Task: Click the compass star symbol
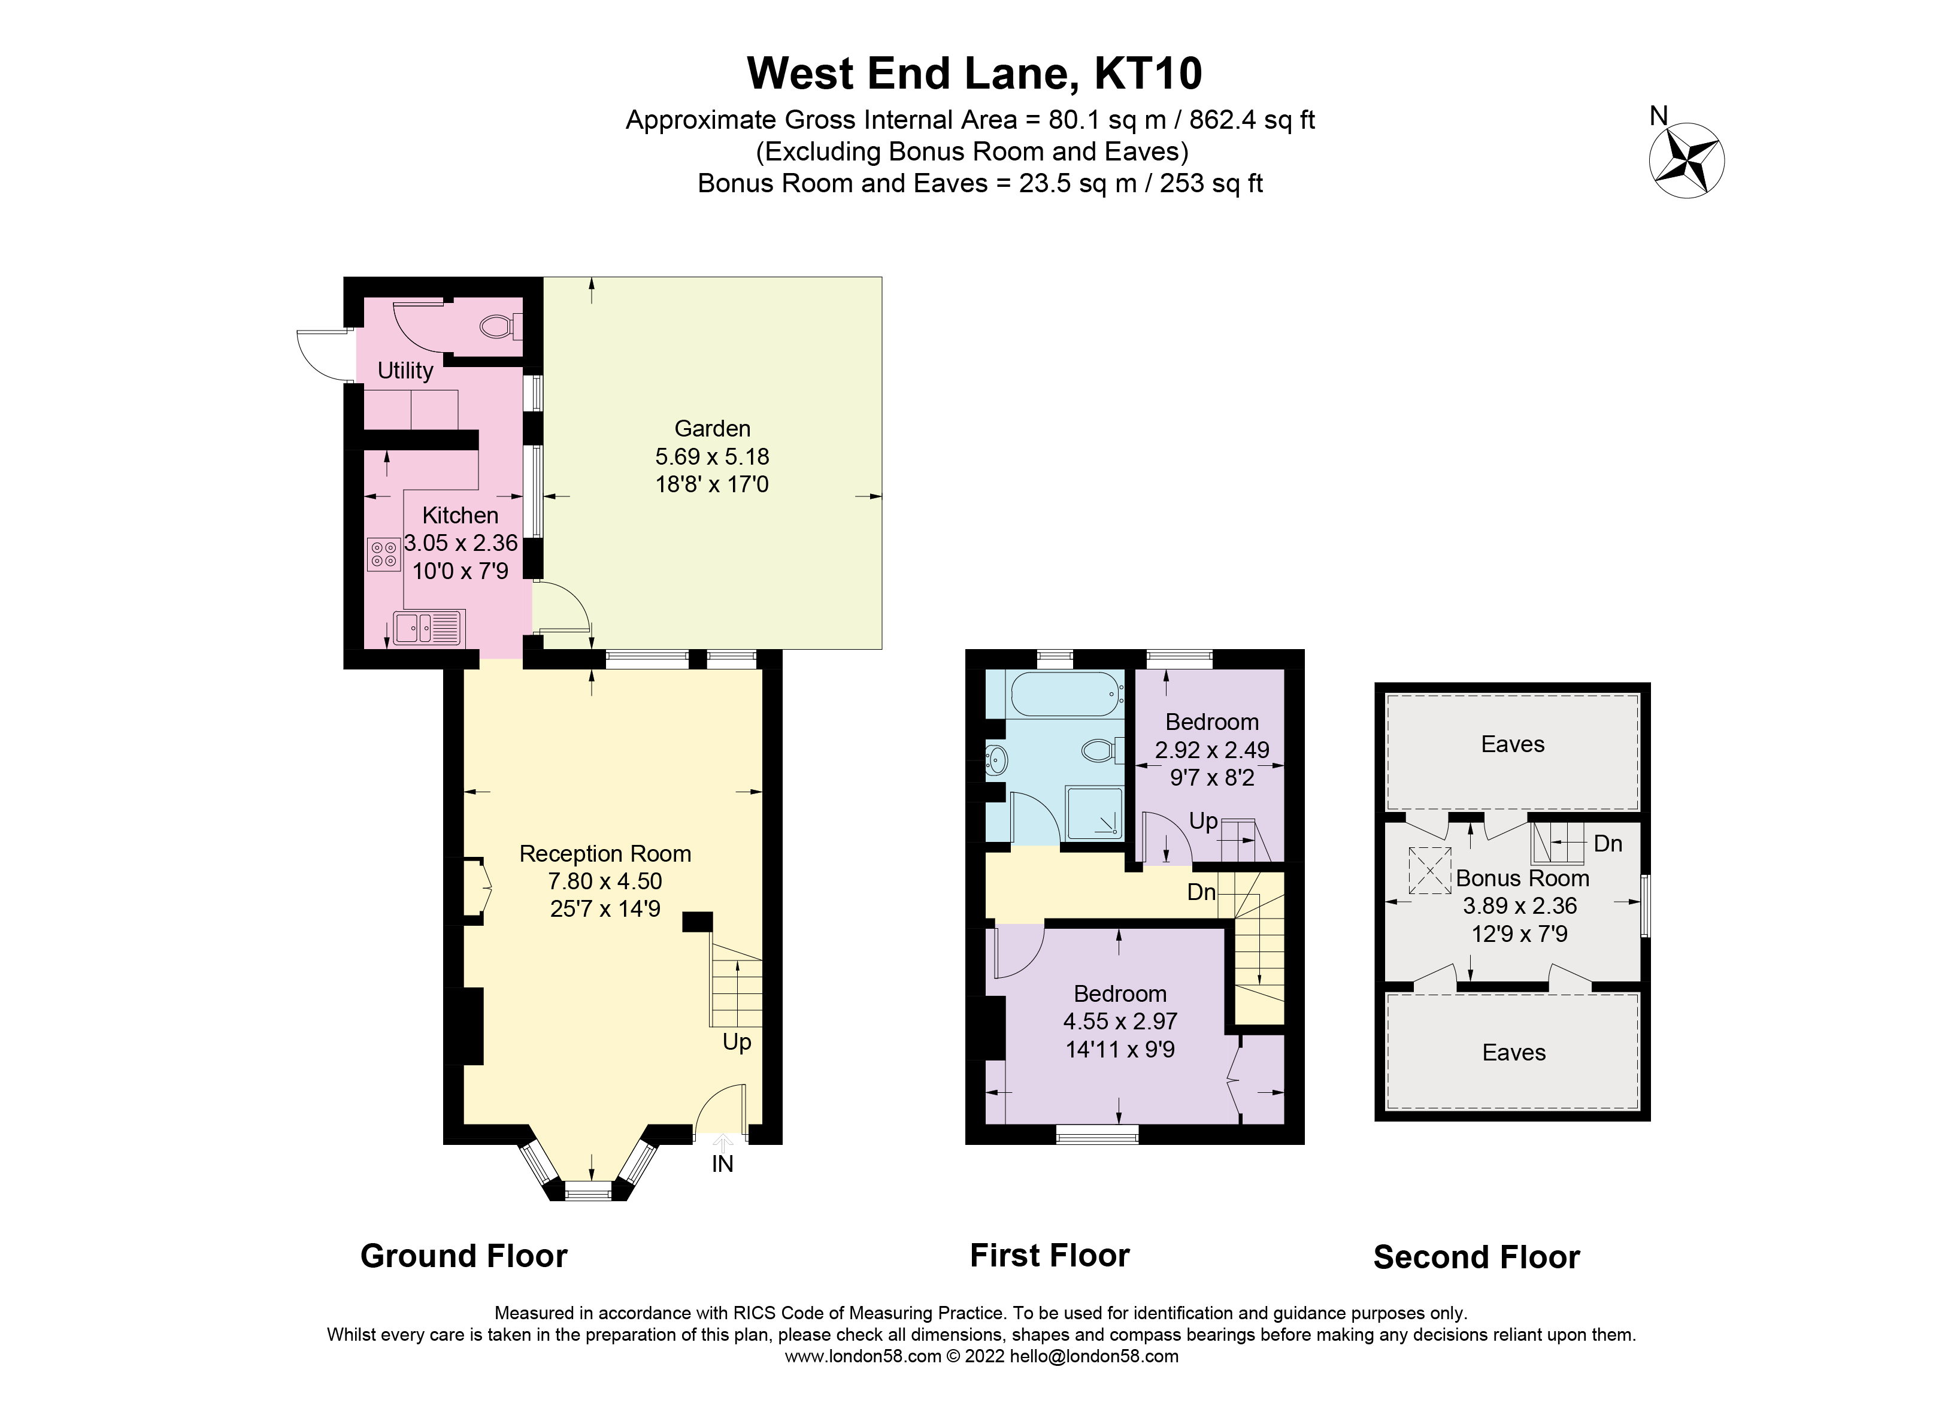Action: coord(1686,160)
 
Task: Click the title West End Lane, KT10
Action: coord(974,73)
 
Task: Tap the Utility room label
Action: coord(405,370)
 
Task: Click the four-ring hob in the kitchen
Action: coord(384,554)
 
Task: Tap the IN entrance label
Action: coord(722,1163)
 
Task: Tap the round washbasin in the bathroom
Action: coord(997,760)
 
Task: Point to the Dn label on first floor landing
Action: coord(1201,892)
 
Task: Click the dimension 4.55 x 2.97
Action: coord(1119,1021)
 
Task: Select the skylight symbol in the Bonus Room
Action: coord(1429,871)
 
